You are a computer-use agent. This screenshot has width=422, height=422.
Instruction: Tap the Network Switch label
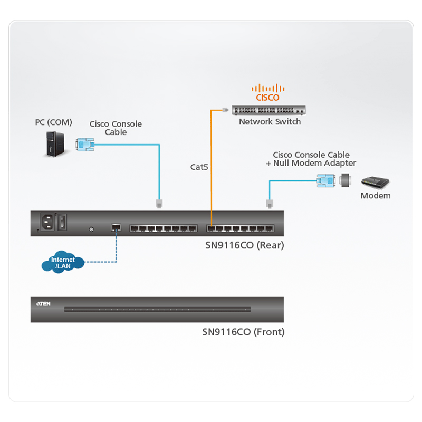pos(270,122)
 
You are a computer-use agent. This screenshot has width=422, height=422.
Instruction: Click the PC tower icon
pos(53,144)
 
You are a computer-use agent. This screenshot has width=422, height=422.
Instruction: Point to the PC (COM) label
pos(53,122)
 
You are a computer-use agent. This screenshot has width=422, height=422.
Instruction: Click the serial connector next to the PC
pos(84,144)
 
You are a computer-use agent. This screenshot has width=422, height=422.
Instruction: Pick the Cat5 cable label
pos(199,167)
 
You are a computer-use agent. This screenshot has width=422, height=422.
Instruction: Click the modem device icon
pos(375,183)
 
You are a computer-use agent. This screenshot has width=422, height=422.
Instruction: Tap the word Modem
pos(376,196)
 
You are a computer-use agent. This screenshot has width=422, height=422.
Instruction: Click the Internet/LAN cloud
pos(63,262)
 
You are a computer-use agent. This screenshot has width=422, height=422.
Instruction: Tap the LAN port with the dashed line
pos(116,228)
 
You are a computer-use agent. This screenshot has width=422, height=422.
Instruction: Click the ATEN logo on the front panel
pos(43,304)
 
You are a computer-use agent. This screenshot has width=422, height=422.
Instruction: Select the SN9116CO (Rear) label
pos(244,245)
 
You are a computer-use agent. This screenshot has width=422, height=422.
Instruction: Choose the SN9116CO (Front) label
pos(243,332)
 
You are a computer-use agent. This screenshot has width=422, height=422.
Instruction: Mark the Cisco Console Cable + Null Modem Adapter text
pos(311,159)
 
